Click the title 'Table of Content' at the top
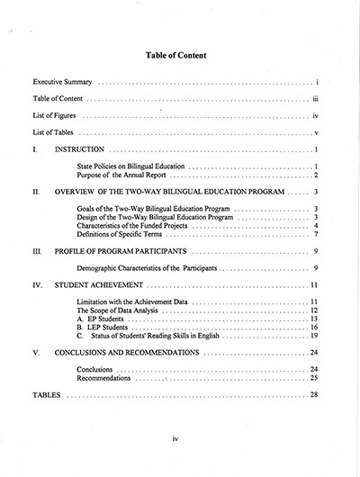[176, 55]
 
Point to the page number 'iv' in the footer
[176, 462]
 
